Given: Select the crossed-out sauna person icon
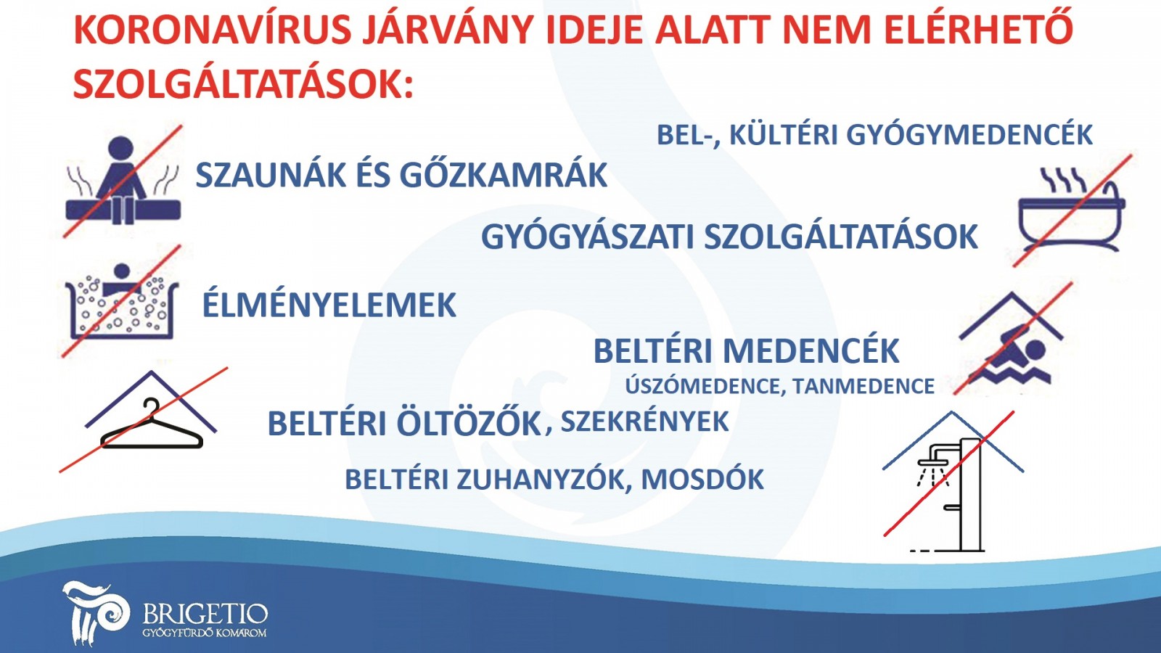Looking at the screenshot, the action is (x=123, y=181).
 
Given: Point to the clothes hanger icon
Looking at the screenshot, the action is (x=151, y=423).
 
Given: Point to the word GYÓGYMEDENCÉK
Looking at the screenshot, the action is (x=969, y=135).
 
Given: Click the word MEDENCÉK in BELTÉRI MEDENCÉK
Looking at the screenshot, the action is (x=811, y=350).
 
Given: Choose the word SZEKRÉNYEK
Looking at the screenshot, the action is (x=645, y=422).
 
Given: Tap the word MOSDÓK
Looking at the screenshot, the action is (x=702, y=479).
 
